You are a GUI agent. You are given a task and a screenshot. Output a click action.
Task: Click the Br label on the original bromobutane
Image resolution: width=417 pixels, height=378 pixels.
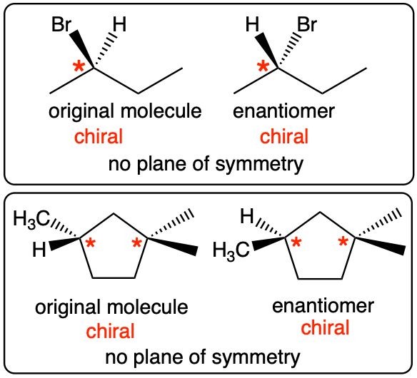click(x=61, y=25)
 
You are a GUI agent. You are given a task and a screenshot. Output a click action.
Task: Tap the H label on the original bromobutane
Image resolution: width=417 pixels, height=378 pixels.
click(x=119, y=25)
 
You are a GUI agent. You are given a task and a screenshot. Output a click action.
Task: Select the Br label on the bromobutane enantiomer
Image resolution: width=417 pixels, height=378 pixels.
click(x=307, y=25)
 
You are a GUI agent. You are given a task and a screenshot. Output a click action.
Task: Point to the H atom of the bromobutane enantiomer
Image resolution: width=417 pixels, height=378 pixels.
click(x=252, y=25)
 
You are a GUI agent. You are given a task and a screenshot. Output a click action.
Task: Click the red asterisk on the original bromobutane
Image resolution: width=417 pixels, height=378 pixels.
click(x=79, y=66)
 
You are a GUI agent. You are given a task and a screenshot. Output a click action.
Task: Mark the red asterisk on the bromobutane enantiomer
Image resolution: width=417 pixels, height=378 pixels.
click(x=263, y=66)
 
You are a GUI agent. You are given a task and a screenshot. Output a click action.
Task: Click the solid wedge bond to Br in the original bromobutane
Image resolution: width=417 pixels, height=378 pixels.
click(x=81, y=49)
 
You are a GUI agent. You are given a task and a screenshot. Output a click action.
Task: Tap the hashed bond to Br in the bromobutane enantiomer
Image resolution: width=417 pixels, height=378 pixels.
click(x=290, y=50)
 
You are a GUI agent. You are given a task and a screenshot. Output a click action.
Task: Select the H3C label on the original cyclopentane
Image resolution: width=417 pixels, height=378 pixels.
click(x=31, y=219)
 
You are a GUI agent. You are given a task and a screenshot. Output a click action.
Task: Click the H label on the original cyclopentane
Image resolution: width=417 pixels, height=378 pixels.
click(x=39, y=250)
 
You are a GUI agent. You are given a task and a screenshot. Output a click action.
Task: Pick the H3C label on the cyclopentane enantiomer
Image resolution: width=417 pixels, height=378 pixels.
click(x=231, y=251)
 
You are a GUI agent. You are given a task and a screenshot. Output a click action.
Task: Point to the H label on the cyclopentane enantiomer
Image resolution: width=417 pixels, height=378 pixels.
click(x=247, y=216)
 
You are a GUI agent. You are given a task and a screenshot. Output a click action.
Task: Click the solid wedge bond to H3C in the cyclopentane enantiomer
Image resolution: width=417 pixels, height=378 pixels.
click(x=268, y=244)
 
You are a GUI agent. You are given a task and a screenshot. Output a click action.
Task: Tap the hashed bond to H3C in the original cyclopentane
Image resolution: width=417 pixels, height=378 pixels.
click(x=65, y=228)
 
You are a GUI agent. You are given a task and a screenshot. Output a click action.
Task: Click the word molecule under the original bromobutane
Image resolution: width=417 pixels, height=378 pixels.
click(x=161, y=111)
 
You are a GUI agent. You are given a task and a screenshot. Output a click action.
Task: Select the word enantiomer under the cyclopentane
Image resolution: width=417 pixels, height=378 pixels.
click(x=323, y=306)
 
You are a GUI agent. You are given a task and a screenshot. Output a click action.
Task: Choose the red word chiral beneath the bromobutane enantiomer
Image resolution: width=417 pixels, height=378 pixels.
click(x=284, y=136)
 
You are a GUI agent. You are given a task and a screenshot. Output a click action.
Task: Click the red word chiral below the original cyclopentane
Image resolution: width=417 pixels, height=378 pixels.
click(x=111, y=331)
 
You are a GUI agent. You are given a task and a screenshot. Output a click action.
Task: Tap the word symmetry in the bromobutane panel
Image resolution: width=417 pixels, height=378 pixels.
click(x=259, y=164)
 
